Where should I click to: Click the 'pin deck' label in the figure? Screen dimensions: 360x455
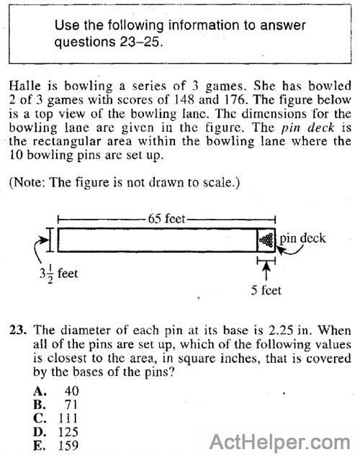[302, 237]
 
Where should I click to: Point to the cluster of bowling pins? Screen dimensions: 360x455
[267, 240]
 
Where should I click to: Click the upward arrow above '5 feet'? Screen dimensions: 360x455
[267, 271]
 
